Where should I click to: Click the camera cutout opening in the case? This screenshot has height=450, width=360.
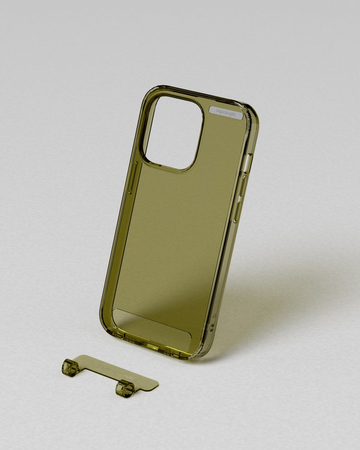coord(174,132)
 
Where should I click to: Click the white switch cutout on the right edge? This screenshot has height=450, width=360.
coord(248,163)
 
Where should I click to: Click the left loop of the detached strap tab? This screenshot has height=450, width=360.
coord(71,368)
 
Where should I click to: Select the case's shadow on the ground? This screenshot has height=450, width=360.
coord(269,297)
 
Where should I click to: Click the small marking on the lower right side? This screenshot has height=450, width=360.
coord(211,328)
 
